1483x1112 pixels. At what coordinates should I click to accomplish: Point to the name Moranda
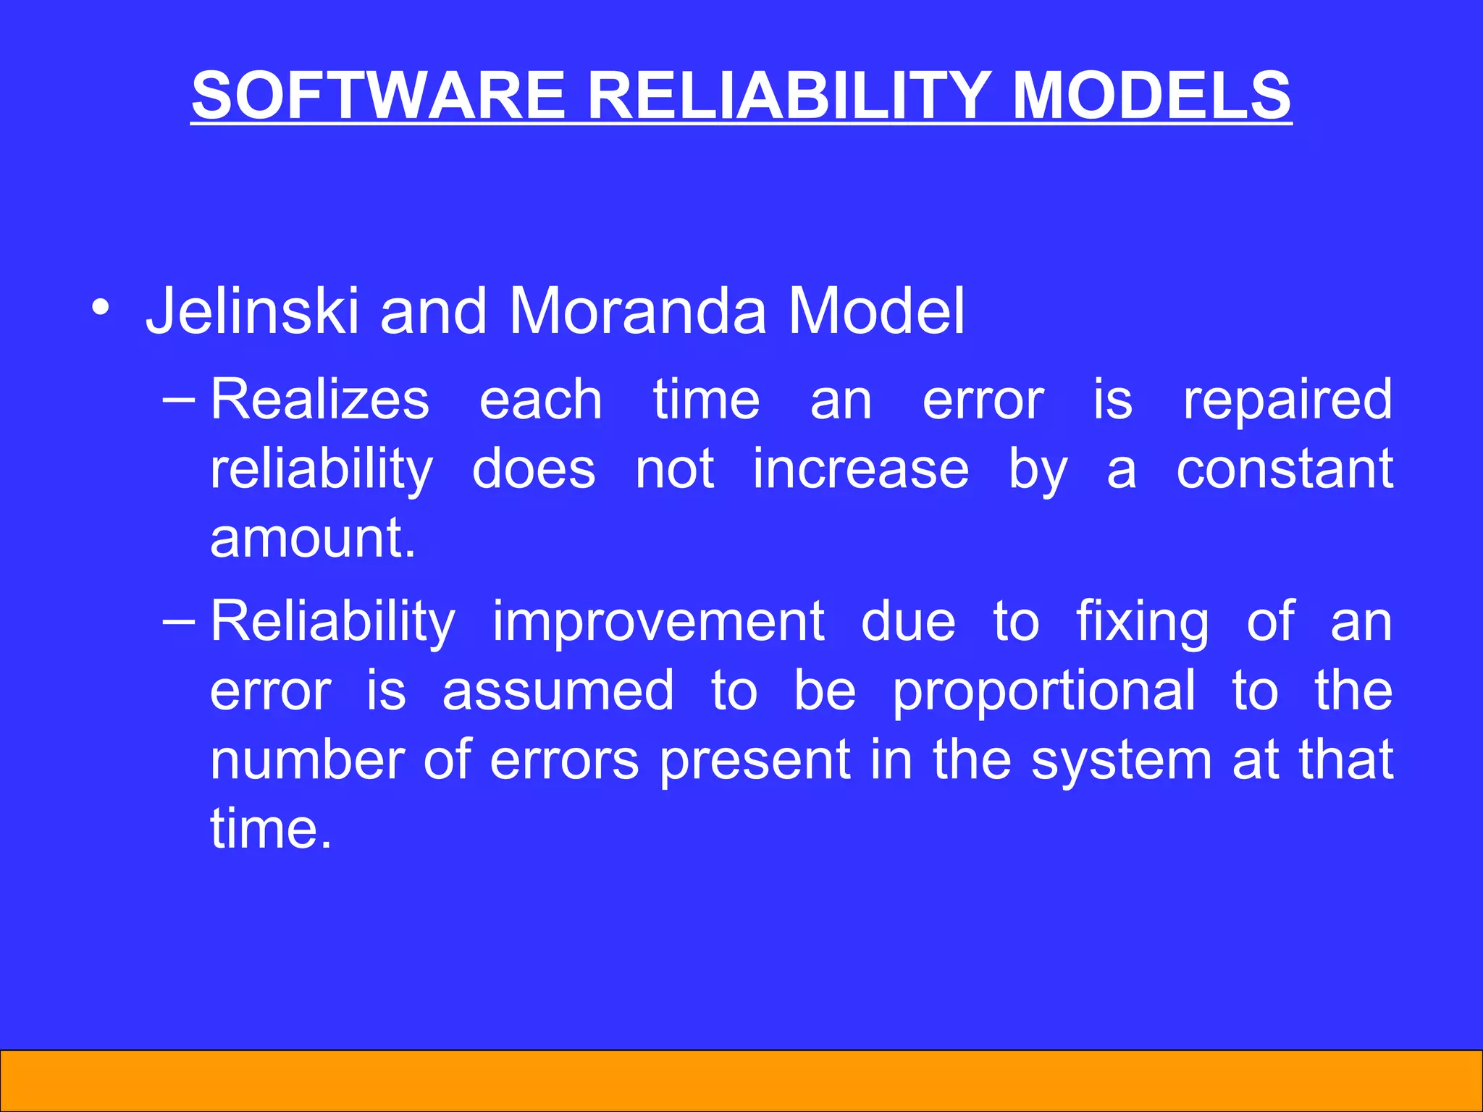637,311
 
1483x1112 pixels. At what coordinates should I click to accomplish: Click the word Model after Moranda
876,311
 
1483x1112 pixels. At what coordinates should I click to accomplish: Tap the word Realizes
319,400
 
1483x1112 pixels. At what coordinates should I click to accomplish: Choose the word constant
1284,469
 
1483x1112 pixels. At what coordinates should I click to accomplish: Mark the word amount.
313,538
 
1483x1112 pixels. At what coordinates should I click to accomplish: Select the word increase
860,469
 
